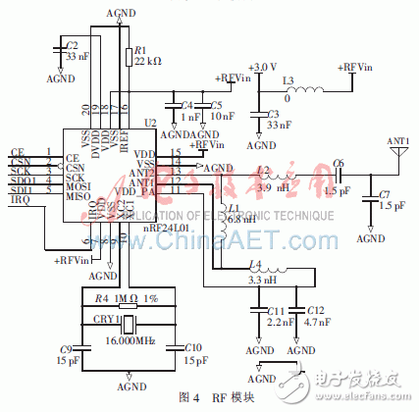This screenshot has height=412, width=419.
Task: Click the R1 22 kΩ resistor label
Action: pos(140,54)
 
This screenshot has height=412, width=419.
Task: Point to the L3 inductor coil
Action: pos(305,93)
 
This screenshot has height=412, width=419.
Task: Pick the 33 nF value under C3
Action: pos(276,125)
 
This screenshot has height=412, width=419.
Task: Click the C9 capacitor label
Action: pos(66,348)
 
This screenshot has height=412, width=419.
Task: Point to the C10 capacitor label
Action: pos(192,348)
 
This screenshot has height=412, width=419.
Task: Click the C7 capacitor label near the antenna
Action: pos(386,195)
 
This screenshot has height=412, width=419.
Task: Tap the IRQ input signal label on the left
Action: pos(19,200)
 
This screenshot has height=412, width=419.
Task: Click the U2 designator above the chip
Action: pos(149,122)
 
